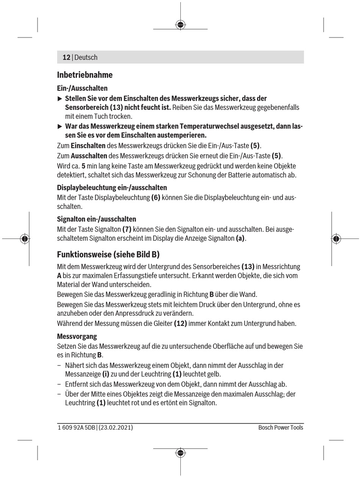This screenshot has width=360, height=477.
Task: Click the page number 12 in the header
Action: click(x=66, y=58)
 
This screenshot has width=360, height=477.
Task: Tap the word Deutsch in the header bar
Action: click(x=86, y=58)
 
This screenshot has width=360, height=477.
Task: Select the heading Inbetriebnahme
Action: click(x=85, y=75)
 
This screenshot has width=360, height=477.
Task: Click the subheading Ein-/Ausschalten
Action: click(x=82, y=88)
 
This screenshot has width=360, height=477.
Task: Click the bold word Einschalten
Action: click(x=88, y=146)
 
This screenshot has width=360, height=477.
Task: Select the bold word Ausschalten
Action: click(x=89, y=156)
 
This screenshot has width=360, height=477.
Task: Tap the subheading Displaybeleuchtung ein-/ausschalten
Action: click(x=112, y=188)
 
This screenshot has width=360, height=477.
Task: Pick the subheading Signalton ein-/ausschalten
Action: click(x=96, y=219)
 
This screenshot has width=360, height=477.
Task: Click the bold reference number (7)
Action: click(x=127, y=229)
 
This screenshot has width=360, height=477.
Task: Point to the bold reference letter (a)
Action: click(x=240, y=238)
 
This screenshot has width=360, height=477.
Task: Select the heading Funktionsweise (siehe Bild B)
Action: click(x=108, y=254)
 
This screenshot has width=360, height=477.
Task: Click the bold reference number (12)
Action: click(x=180, y=324)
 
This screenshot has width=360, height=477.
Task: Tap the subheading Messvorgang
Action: click(x=77, y=337)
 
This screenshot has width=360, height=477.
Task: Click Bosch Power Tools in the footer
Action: click(x=280, y=427)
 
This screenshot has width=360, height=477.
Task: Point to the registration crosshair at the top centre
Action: click(x=180, y=25)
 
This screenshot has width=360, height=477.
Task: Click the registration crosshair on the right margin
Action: click(x=336, y=238)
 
